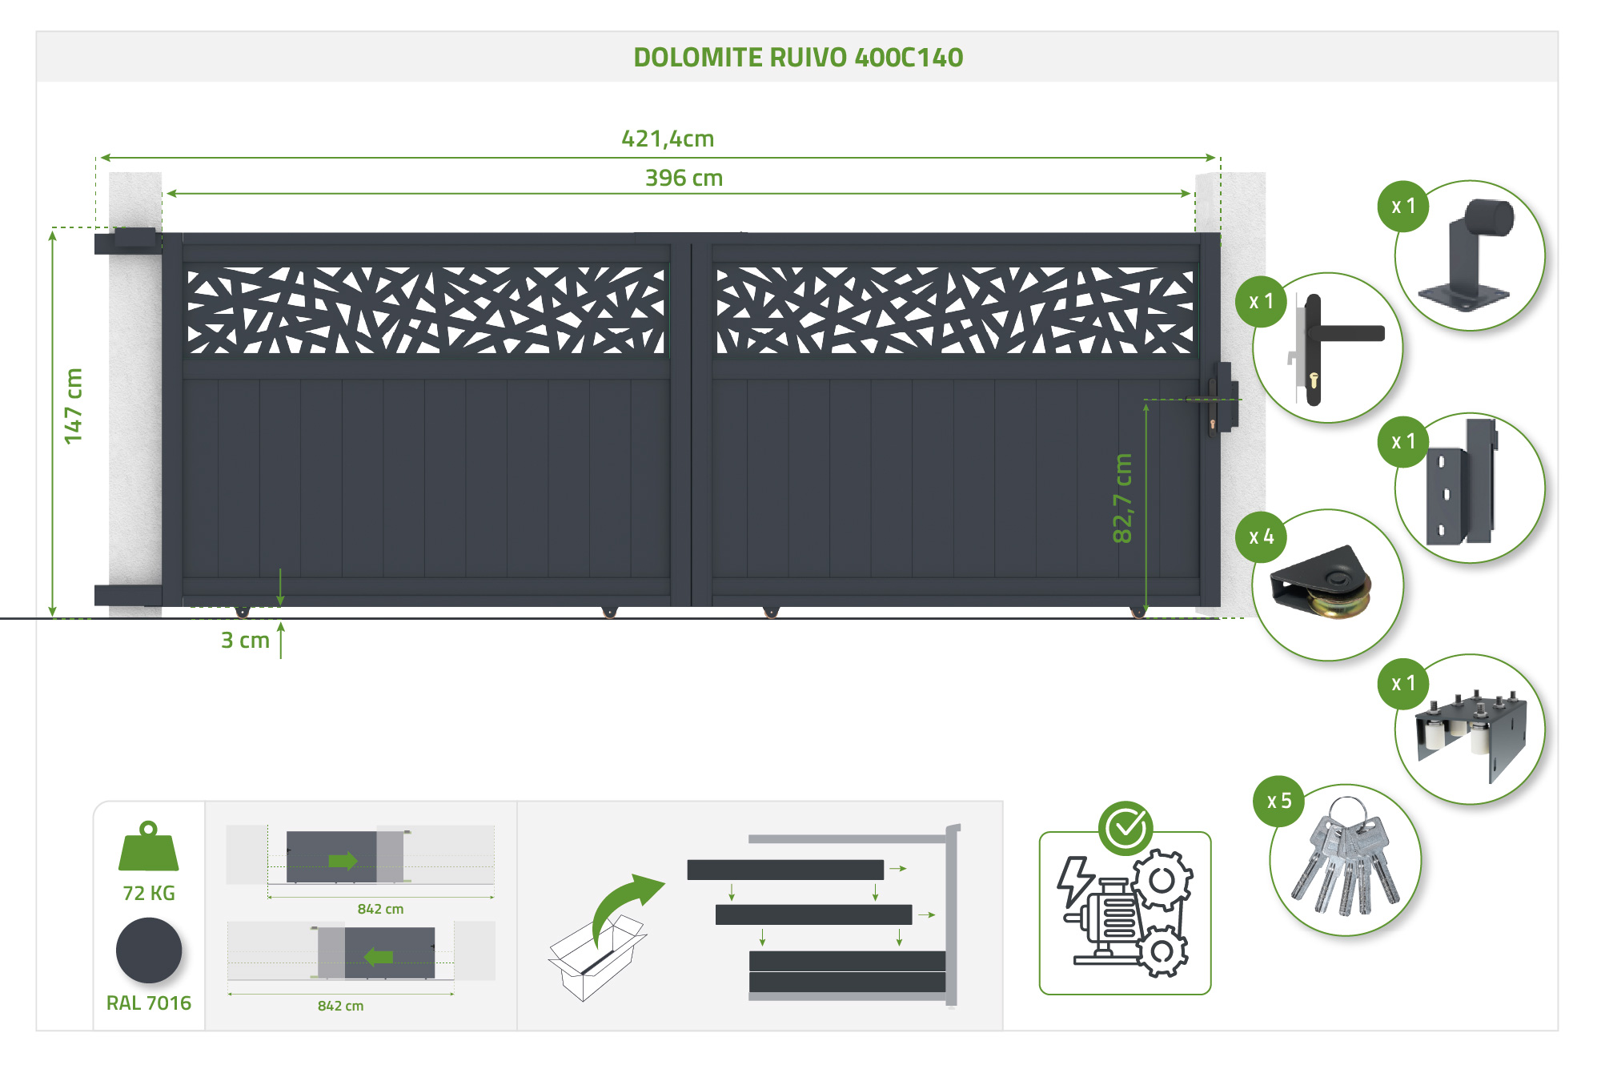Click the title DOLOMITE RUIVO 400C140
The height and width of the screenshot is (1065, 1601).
click(x=798, y=58)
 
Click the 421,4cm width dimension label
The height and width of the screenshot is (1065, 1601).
click(x=668, y=139)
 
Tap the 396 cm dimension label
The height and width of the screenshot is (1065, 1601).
click(x=684, y=178)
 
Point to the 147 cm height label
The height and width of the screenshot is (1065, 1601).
click(x=74, y=406)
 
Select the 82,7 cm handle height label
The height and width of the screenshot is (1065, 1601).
click(x=1122, y=498)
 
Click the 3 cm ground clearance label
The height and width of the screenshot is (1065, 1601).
click(x=245, y=641)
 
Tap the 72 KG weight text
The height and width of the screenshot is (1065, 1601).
click(x=149, y=893)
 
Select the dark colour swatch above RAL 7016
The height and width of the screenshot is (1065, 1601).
click(x=149, y=950)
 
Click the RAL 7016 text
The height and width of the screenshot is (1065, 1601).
click(x=149, y=1003)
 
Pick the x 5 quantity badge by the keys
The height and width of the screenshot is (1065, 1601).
click(x=1279, y=801)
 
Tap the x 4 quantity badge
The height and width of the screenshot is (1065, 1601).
click(x=1261, y=537)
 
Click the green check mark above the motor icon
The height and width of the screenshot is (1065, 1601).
click(x=1126, y=828)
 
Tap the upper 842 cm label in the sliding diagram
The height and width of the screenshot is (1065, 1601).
click(x=380, y=909)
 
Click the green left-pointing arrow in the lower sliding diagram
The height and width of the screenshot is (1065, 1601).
click(x=378, y=957)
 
